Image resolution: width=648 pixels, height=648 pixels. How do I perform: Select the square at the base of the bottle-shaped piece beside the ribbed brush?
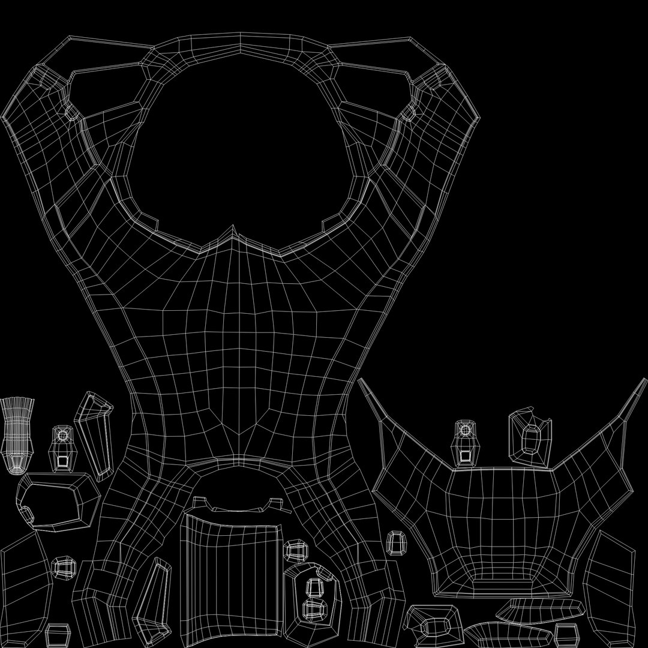point(62,461)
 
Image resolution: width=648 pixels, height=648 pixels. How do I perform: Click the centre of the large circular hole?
point(240,144)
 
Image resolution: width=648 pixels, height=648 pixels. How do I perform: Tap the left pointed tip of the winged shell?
point(360,380)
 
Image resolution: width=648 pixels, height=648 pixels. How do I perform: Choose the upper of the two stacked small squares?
point(313,587)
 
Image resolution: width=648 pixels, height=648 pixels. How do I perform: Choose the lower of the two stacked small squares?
point(313,609)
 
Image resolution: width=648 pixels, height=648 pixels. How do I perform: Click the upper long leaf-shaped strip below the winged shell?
point(540,610)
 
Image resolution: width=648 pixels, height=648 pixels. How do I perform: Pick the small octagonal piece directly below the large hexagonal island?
point(63,567)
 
